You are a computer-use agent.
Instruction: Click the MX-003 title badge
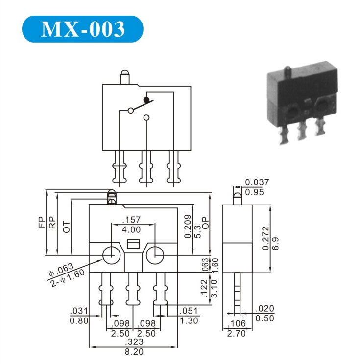[x=83, y=29]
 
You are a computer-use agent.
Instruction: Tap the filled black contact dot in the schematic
[x=146, y=100]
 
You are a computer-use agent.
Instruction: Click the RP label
[x=52, y=223]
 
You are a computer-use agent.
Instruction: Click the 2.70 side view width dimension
[x=236, y=334]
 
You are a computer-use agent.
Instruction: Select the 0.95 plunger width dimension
[x=254, y=192]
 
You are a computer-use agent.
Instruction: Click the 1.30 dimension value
[x=189, y=321]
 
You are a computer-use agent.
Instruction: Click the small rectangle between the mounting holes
[x=133, y=244]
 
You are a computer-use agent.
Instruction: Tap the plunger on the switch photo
[x=288, y=73]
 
